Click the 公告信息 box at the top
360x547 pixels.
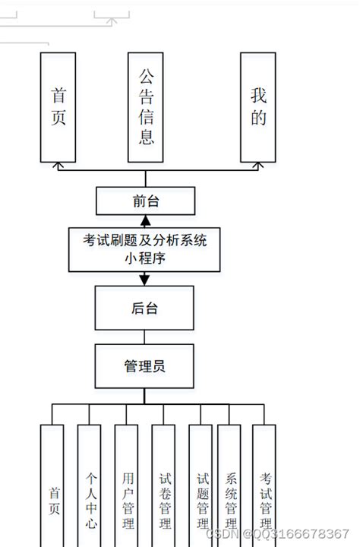coord(147,107)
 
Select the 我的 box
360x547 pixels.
coord(258,107)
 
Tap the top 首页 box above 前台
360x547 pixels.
coord(58,107)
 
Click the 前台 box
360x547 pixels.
coord(146,201)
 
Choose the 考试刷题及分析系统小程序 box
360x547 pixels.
coord(146,249)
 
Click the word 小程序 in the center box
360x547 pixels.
coord(146,258)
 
